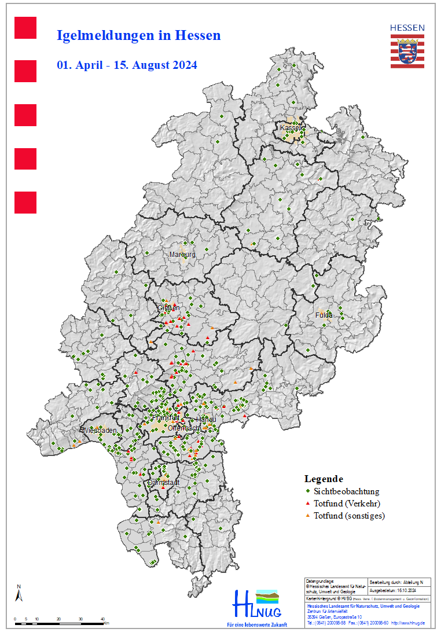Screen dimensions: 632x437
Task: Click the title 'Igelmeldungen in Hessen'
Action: click(x=138, y=35)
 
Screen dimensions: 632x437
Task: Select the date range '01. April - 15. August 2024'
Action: click(x=127, y=65)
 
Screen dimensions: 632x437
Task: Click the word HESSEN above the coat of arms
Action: click(x=406, y=27)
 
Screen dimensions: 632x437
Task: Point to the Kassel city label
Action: click(x=291, y=127)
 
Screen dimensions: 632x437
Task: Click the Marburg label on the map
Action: click(x=182, y=254)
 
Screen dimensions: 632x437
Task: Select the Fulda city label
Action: click(x=324, y=315)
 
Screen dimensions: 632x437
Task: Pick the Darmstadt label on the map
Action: click(x=164, y=482)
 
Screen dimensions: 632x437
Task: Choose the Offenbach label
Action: click(x=184, y=428)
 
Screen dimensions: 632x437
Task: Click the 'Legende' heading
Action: click(x=324, y=479)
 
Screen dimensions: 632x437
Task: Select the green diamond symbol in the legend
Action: click(x=307, y=491)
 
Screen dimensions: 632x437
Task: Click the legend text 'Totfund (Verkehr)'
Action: click(x=347, y=504)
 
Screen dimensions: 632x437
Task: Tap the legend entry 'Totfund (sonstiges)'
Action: click(x=349, y=516)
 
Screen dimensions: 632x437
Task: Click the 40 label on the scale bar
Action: click(x=102, y=619)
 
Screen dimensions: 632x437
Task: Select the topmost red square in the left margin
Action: click(x=25, y=28)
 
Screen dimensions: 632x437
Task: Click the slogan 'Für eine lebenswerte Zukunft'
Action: click(x=256, y=625)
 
